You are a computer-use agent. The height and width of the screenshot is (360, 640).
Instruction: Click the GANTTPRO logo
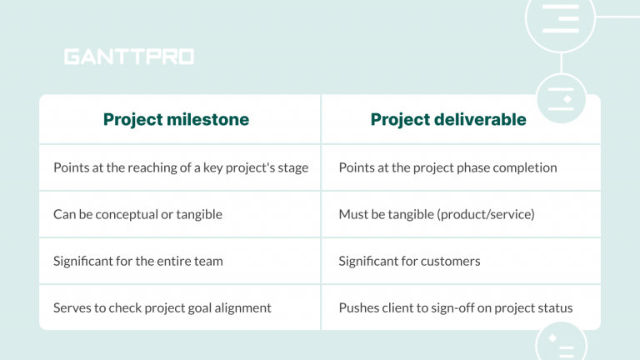(128, 57)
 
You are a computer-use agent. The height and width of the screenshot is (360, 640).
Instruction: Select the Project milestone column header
(176, 119)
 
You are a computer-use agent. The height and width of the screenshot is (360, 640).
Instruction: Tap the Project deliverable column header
(448, 119)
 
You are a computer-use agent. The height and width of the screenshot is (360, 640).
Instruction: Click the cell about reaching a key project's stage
(181, 167)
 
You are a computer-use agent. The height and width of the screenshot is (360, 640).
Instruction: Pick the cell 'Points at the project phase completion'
(447, 167)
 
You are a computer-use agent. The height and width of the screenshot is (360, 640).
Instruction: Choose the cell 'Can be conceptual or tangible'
(137, 214)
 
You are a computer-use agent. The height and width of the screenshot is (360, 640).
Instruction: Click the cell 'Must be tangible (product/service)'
(436, 214)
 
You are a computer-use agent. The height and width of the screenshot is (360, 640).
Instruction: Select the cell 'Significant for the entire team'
(137, 261)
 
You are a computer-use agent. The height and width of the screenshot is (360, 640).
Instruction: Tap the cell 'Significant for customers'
(409, 261)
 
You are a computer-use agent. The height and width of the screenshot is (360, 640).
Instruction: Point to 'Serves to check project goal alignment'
(162, 307)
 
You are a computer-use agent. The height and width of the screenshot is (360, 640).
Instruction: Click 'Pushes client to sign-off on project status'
(455, 307)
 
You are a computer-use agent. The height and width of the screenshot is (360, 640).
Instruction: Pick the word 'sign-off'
(449, 307)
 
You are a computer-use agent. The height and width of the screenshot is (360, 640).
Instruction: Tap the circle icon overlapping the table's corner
(561, 99)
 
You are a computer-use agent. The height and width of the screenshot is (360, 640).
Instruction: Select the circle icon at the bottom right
(559, 342)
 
